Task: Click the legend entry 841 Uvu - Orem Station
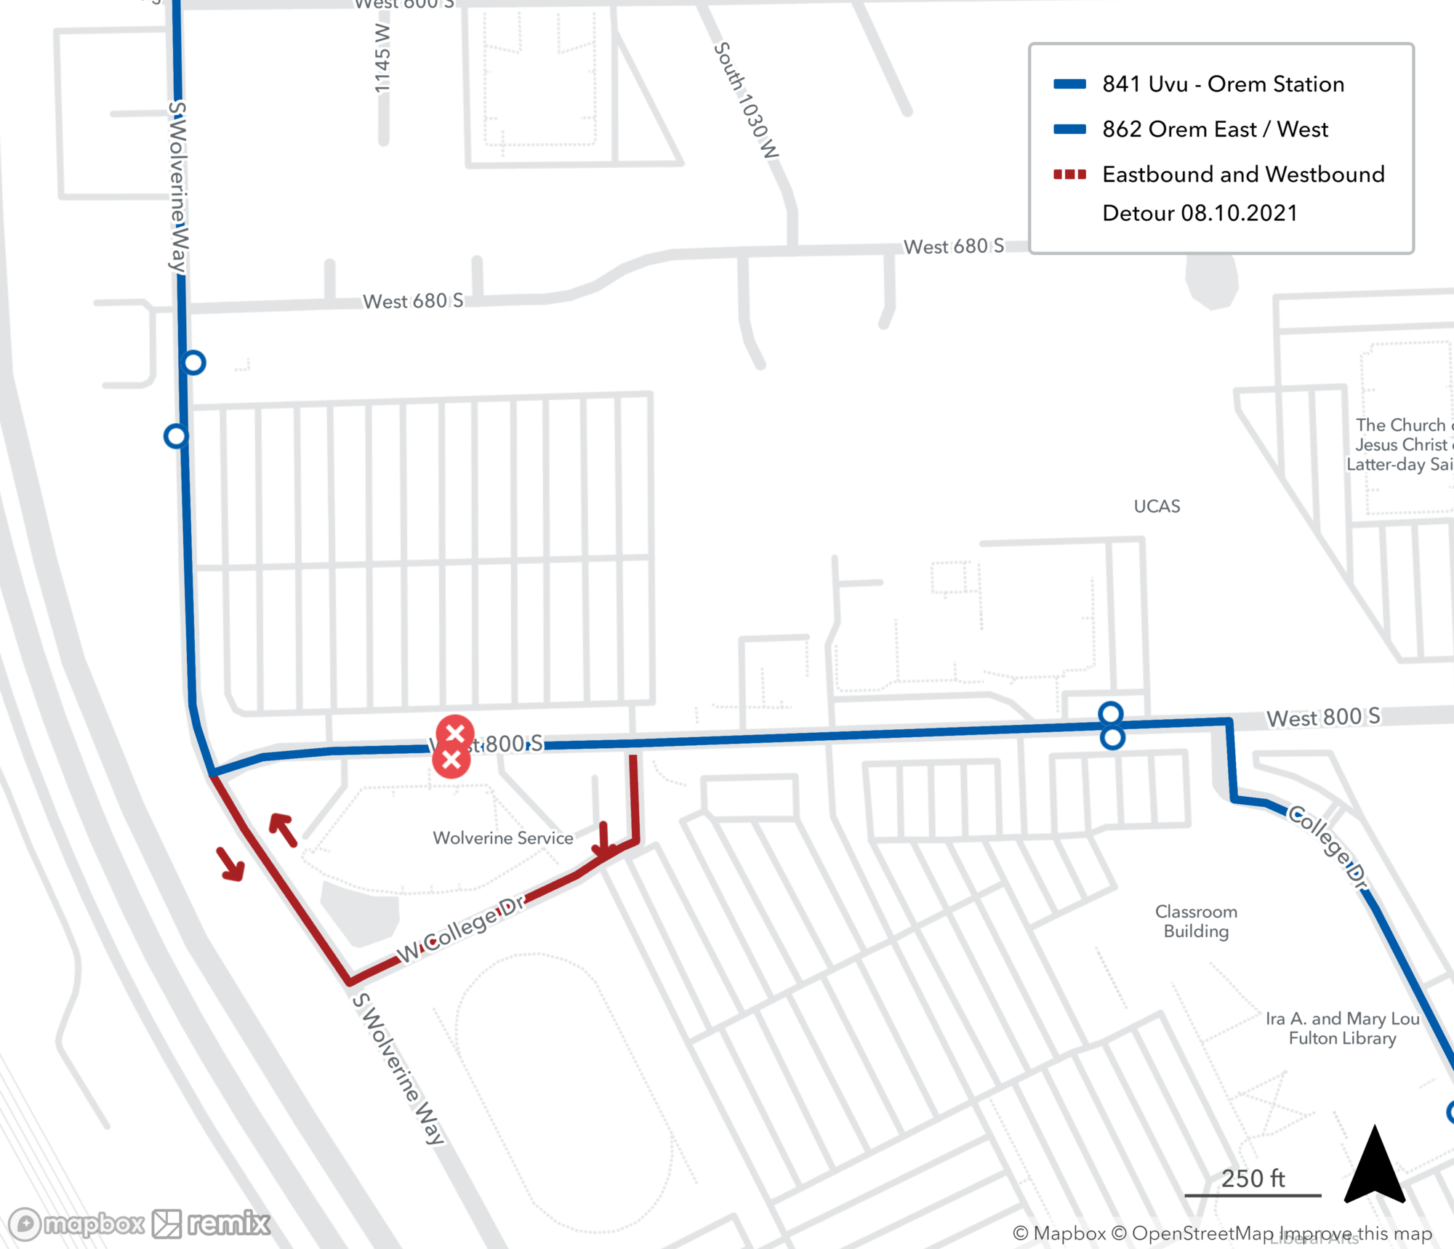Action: (x=1222, y=84)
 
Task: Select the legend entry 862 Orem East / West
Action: (x=1214, y=129)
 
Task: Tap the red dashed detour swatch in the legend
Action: (x=1069, y=174)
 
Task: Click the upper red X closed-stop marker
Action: (x=455, y=733)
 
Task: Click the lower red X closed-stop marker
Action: (x=451, y=760)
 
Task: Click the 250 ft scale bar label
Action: (x=1253, y=1178)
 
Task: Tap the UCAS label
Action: (x=1157, y=507)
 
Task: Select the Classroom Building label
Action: (x=1196, y=921)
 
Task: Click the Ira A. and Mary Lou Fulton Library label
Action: (x=1342, y=1028)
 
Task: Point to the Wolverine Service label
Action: (x=503, y=838)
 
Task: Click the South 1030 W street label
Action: (x=746, y=100)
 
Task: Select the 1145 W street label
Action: (x=382, y=58)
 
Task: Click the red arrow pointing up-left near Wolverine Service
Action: (x=283, y=830)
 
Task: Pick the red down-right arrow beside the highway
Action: (x=231, y=864)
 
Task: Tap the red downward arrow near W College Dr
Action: (x=604, y=840)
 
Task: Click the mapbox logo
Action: (x=76, y=1224)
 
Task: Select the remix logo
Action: (x=211, y=1224)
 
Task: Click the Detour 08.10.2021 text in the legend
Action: (x=1200, y=213)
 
